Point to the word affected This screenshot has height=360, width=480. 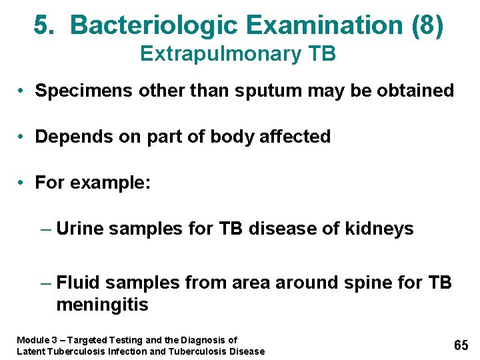coord(295,137)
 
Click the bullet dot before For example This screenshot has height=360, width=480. coord(23,183)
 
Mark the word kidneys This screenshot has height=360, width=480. coord(379,229)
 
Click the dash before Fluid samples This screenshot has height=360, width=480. coord(45,283)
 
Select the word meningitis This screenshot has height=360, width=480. coord(102,305)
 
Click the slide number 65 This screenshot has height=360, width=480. coord(461,345)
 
